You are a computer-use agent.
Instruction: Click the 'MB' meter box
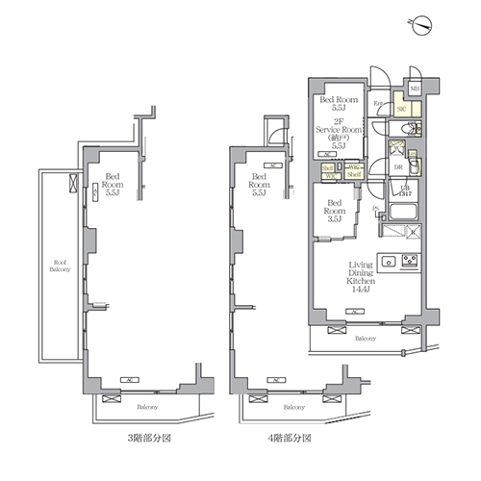(415, 89)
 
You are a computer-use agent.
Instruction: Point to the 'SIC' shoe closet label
(400, 110)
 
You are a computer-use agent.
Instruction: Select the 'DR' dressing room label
(397, 165)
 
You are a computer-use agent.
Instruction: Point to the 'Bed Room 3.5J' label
(334, 211)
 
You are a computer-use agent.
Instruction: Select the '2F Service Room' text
(338, 131)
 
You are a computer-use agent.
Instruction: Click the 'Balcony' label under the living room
(364, 340)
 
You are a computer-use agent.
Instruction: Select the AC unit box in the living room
(356, 312)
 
